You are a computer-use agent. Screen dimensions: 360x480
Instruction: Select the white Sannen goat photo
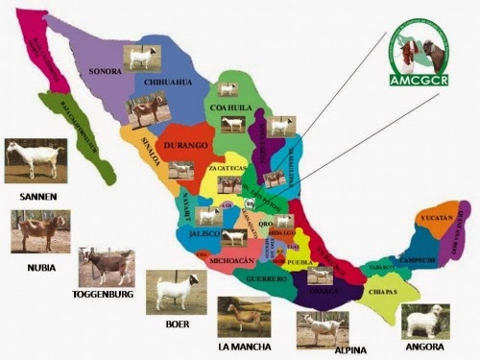pyautogui.click(x=36, y=161)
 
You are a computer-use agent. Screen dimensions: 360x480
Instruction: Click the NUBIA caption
pyautogui.click(x=40, y=267)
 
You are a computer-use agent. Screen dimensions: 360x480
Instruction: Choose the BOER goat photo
pyautogui.click(x=171, y=292)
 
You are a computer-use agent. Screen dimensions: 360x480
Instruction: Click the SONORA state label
pyautogui.click(x=105, y=71)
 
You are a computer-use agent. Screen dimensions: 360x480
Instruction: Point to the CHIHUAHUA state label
pyautogui.click(x=168, y=83)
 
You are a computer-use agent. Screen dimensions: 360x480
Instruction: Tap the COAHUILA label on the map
pyautogui.click(x=230, y=135)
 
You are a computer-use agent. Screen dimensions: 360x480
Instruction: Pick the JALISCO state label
pyautogui.click(x=204, y=233)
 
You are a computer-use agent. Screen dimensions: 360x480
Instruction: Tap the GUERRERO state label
pyautogui.click(x=266, y=278)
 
